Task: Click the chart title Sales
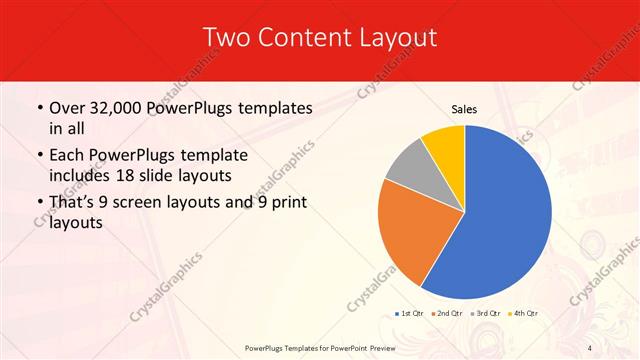[x=464, y=108]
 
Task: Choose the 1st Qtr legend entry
[x=411, y=314]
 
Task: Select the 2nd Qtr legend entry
[x=449, y=314]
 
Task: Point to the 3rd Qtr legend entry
[x=487, y=314]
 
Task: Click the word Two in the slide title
[x=226, y=38]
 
